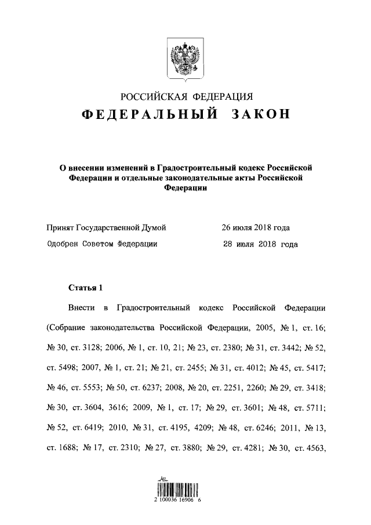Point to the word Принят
tap(60, 227)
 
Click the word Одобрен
tap(62, 244)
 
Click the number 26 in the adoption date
tap(227, 227)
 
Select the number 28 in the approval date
tap(228, 244)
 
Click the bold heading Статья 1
tap(85, 287)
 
